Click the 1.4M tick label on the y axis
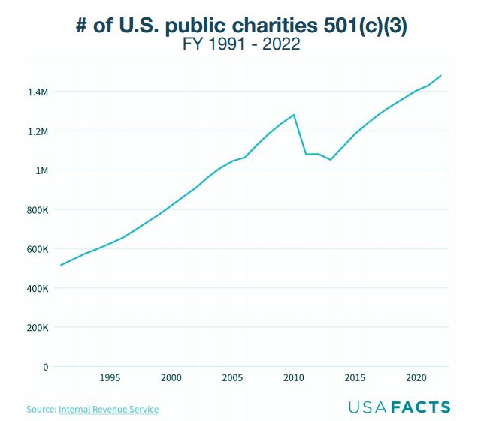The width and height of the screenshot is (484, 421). coord(37,92)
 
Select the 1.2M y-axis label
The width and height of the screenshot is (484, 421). coord(37,131)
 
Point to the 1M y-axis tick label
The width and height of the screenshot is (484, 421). coord(41,170)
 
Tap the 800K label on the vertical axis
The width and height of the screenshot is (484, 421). coord(36,210)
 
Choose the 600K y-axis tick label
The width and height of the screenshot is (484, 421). coord(36,249)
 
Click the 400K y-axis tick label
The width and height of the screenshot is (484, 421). coord(36,288)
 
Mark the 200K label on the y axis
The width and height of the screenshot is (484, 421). coord(36,328)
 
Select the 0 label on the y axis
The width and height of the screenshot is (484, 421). coord(45,367)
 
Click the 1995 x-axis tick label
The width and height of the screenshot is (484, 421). coord(110,377)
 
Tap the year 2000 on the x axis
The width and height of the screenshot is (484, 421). coord(171,377)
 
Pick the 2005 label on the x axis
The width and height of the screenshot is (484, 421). coord(232,377)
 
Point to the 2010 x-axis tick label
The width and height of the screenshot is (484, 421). coord(294,377)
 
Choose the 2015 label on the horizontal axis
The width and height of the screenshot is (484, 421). coord(355,377)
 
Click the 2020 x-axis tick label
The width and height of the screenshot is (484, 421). coord(416,377)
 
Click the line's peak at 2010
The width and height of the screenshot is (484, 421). coord(294,115)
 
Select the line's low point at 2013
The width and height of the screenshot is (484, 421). coord(331,159)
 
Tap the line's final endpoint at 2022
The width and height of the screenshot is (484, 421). coord(441,76)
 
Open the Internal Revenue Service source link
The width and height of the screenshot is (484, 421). coord(109,409)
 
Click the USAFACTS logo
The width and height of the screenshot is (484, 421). coord(399,407)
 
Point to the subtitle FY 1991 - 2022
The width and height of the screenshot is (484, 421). coord(241,44)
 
